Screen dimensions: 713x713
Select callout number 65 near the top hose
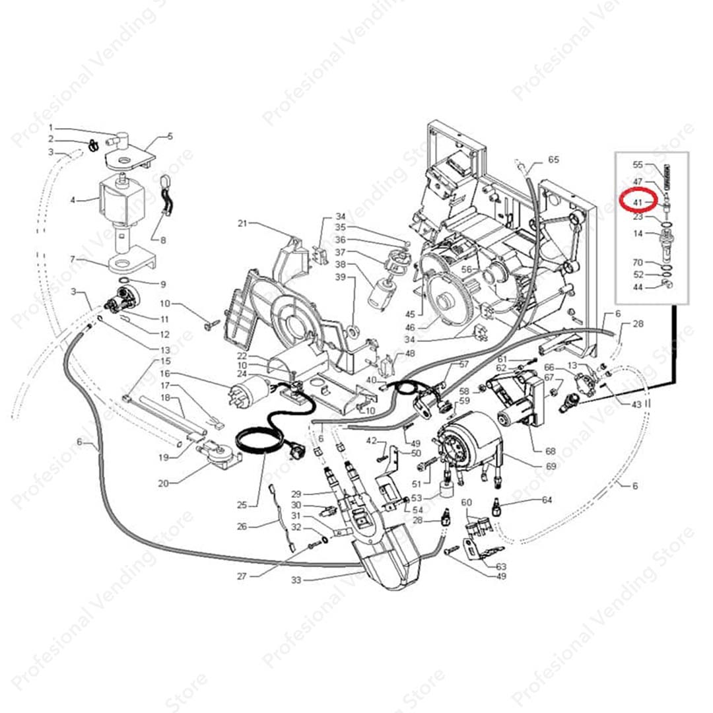[553, 160]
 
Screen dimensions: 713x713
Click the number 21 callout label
[243, 224]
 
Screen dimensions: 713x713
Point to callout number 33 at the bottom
[296, 580]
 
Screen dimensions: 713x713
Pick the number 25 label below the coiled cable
[242, 505]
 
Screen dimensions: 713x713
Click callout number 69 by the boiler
[551, 466]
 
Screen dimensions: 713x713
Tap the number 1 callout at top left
[50, 127]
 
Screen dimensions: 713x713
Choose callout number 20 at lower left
[164, 483]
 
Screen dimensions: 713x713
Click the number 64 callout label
[547, 500]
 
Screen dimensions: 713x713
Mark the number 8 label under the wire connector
[163, 241]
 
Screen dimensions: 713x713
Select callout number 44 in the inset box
[638, 287]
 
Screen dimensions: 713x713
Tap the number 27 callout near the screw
[242, 576]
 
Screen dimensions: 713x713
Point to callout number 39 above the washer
[340, 277]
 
